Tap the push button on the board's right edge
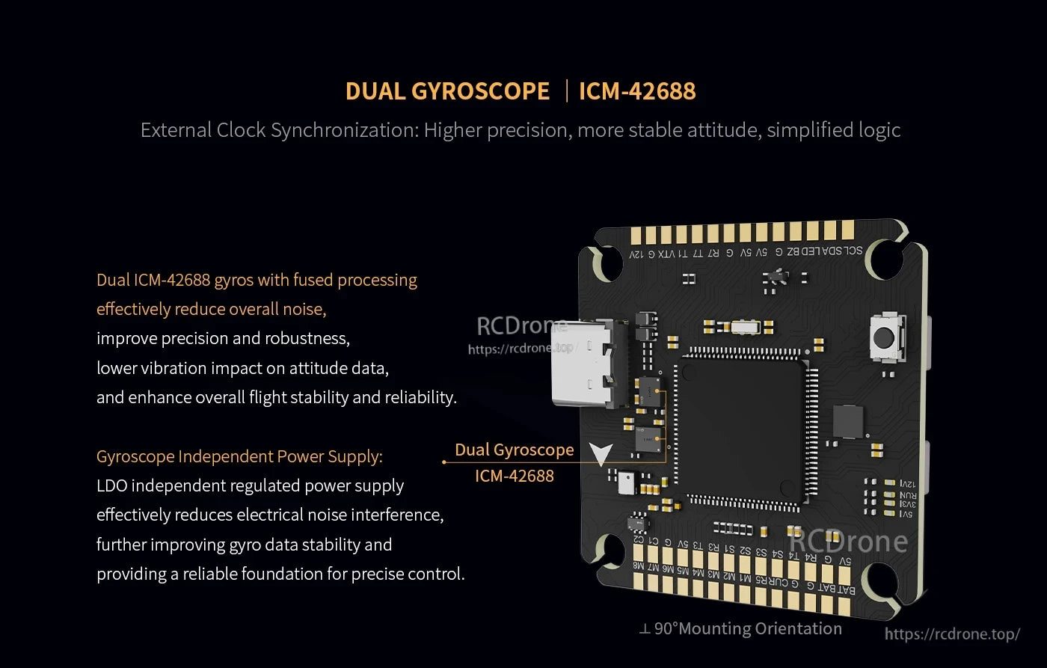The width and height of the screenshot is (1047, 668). click(x=886, y=336)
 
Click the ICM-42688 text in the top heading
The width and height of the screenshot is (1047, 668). click(x=637, y=91)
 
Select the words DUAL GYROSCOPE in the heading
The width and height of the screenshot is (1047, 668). click(x=447, y=91)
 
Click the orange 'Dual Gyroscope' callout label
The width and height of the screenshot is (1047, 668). click(x=515, y=450)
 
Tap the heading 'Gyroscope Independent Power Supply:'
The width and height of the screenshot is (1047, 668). click(x=239, y=456)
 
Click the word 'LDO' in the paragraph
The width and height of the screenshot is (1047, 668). click(x=112, y=485)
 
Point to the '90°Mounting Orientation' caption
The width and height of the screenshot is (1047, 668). click(x=748, y=629)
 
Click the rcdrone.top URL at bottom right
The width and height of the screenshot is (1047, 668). click(x=951, y=634)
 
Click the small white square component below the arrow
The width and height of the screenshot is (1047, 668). click(x=626, y=483)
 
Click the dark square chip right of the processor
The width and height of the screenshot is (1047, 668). click(x=847, y=421)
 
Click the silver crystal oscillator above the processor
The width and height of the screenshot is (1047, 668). click(x=745, y=326)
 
